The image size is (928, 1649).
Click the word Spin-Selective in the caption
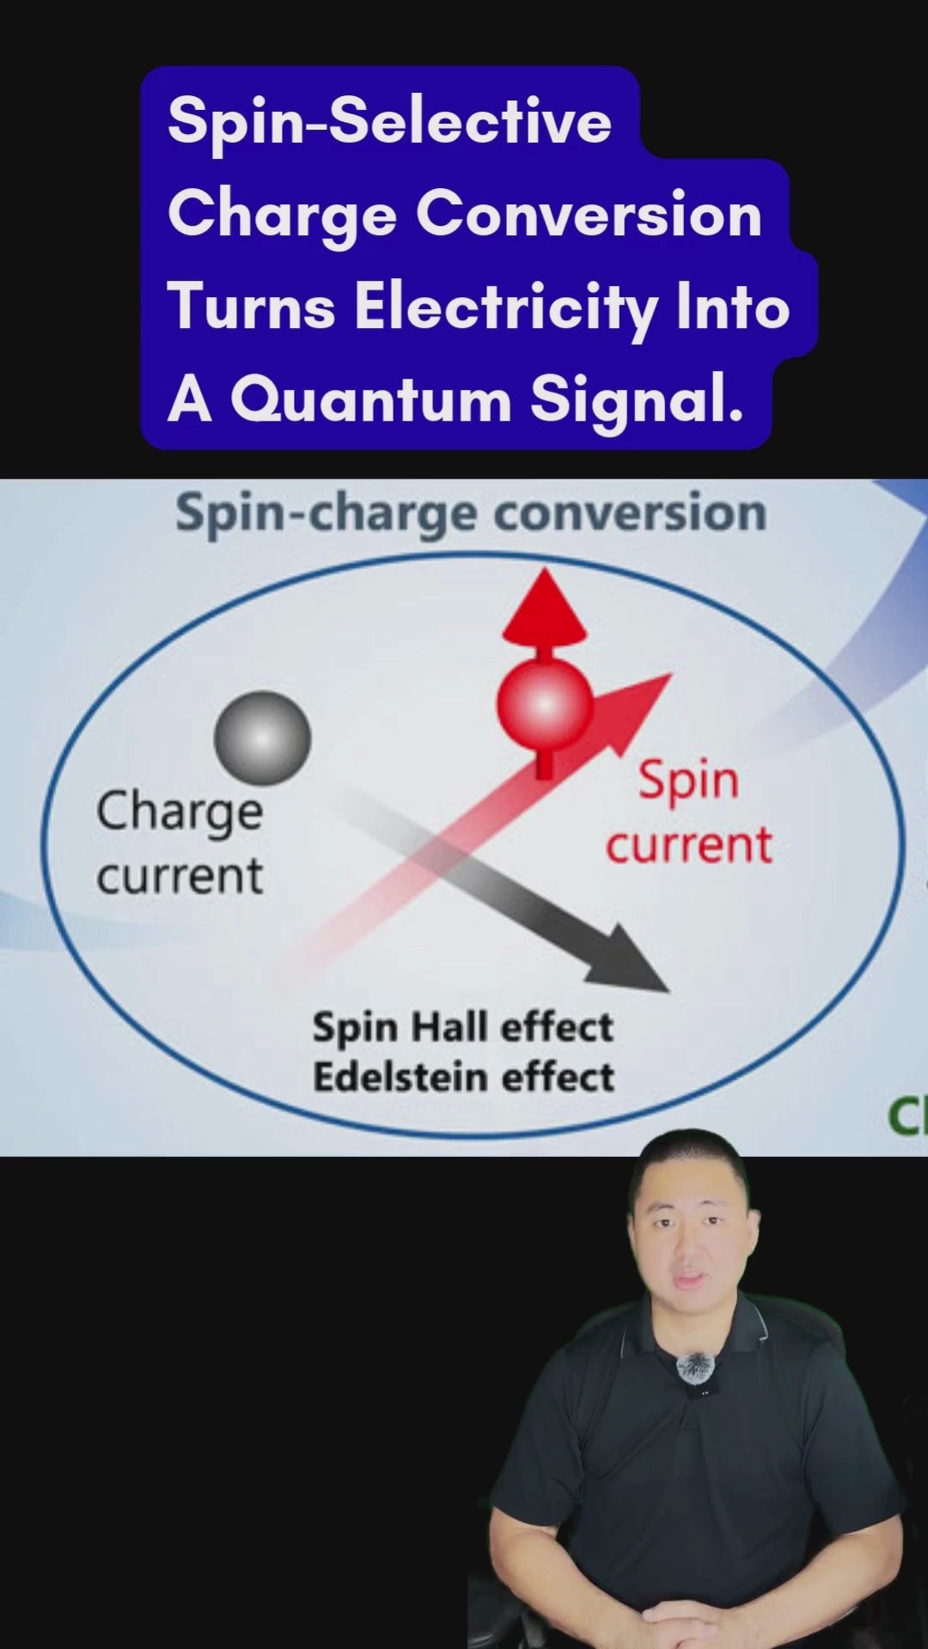[x=389, y=122]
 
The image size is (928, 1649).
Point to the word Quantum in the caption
[x=370, y=400]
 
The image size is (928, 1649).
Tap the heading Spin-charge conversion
[x=471, y=514]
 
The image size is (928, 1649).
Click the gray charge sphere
[x=262, y=739]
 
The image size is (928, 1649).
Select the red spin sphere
[x=545, y=704]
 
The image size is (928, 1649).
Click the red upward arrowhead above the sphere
[x=545, y=606]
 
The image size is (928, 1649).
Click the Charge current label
[x=180, y=843]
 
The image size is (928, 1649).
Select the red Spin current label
[x=689, y=812]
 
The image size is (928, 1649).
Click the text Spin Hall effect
[x=463, y=1027]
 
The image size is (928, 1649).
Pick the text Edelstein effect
[x=464, y=1077]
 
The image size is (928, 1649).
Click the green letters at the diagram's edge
[x=907, y=1117]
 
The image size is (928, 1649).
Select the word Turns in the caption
[x=252, y=307]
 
